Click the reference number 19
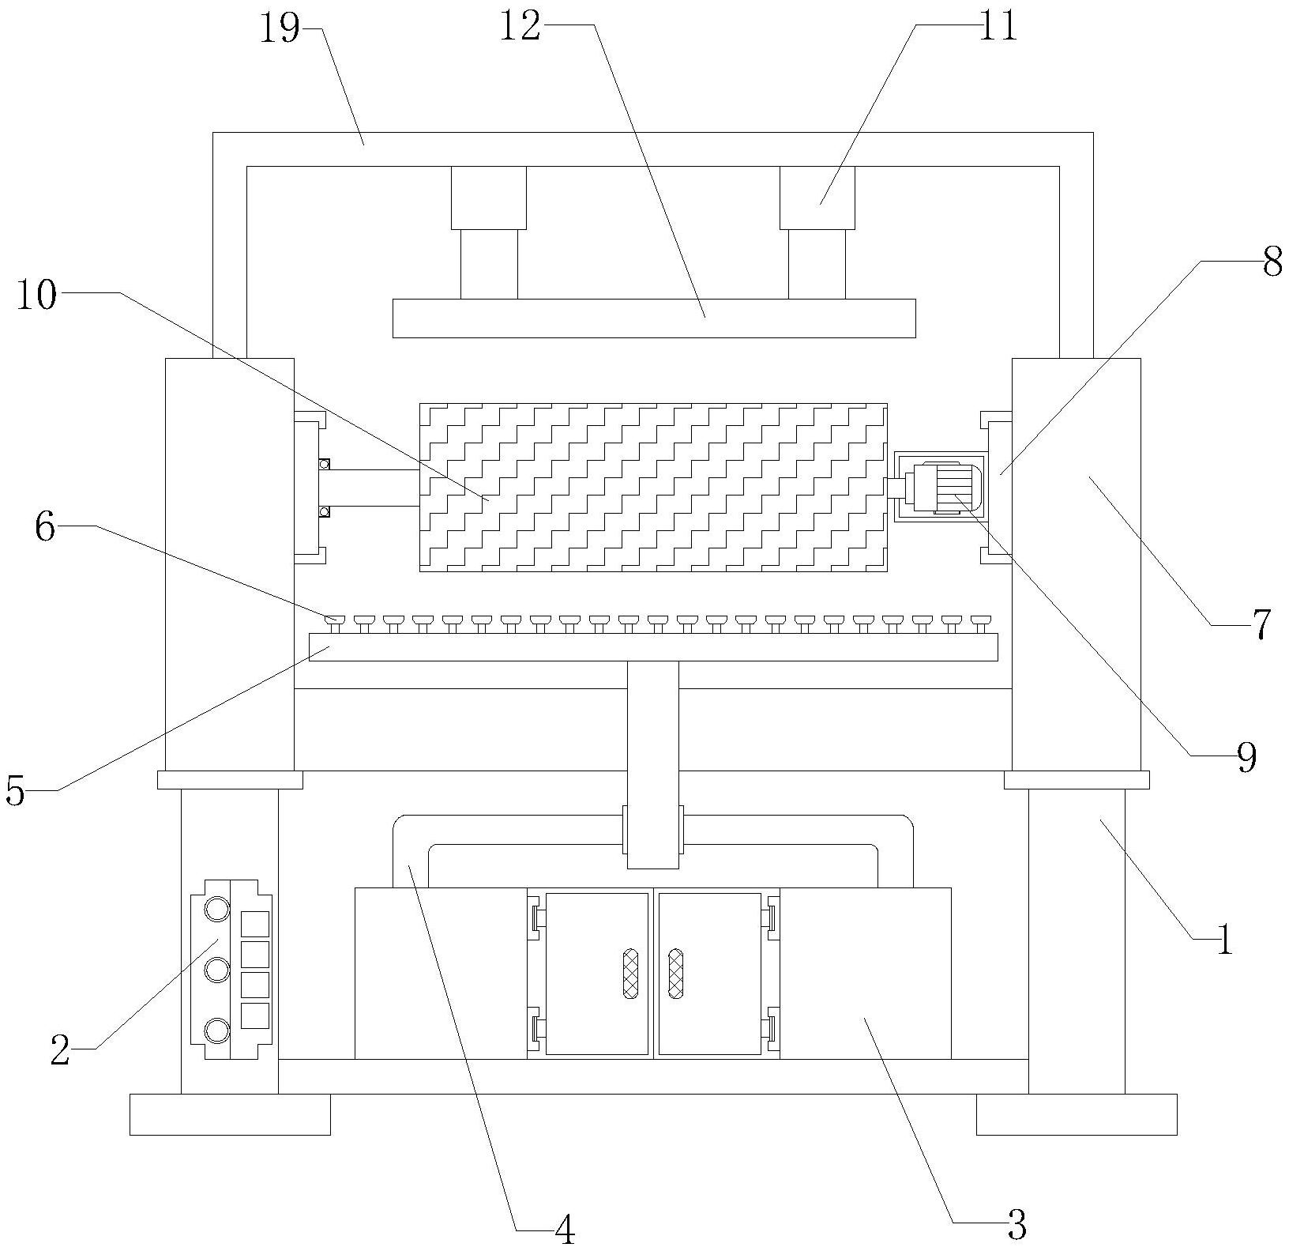coord(280,30)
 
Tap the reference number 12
coord(521,26)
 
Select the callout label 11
coord(998,26)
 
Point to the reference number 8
coord(1272,262)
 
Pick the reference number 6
coord(45,527)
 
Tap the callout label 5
coord(15,790)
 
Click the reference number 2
coord(60,1050)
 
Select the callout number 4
coord(565,1230)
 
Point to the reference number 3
coord(1017,1225)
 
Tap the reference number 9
coord(1246,758)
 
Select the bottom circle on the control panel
coord(216,1030)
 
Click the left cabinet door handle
coord(630,974)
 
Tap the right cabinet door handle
coord(676,974)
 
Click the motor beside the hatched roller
coord(945,488)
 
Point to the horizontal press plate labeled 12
coord(654,318)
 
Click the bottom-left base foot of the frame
coord(230,1114)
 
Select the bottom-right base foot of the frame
coord(1077,1114)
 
